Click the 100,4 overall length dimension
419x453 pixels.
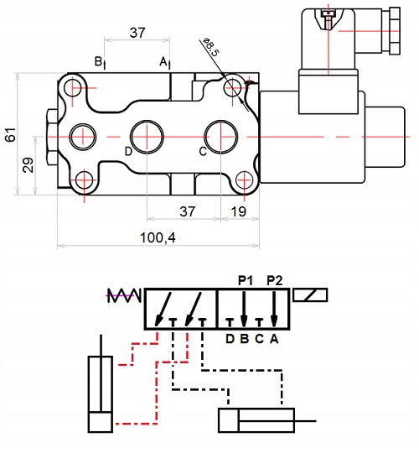pyautogui.click(x=158, y=237)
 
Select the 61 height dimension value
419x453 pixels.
pyautogui.click(x=11, y=134)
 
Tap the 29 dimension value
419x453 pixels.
pyautogui.click(x=28, y=165)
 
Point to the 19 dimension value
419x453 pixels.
pyautogui.click(x=239, y=211)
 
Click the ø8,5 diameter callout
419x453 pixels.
pyautogui.click(x=211, y=46)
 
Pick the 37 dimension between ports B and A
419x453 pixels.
pyautogui.click(x=137, y=33)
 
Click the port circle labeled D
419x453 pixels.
pyautogui.click(x=147, y=137)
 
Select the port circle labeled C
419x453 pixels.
pyautogui.click(x=221, y=137)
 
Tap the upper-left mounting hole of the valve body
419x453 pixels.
pyautogui.click(x=72, y=88)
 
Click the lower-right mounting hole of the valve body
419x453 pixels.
pyautogui.click(x=244, y=180)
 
